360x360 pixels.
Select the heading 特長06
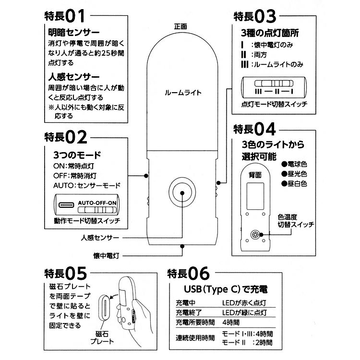(189, 274)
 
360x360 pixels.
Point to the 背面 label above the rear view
(255, 175)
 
